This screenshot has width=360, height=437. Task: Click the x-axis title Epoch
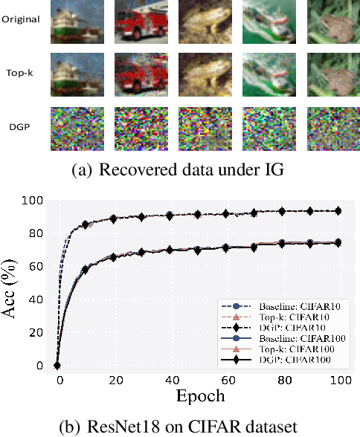[199, 396]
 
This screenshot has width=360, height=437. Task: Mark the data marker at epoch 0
[57, 365]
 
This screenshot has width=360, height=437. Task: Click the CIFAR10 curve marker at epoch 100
[338, 211]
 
